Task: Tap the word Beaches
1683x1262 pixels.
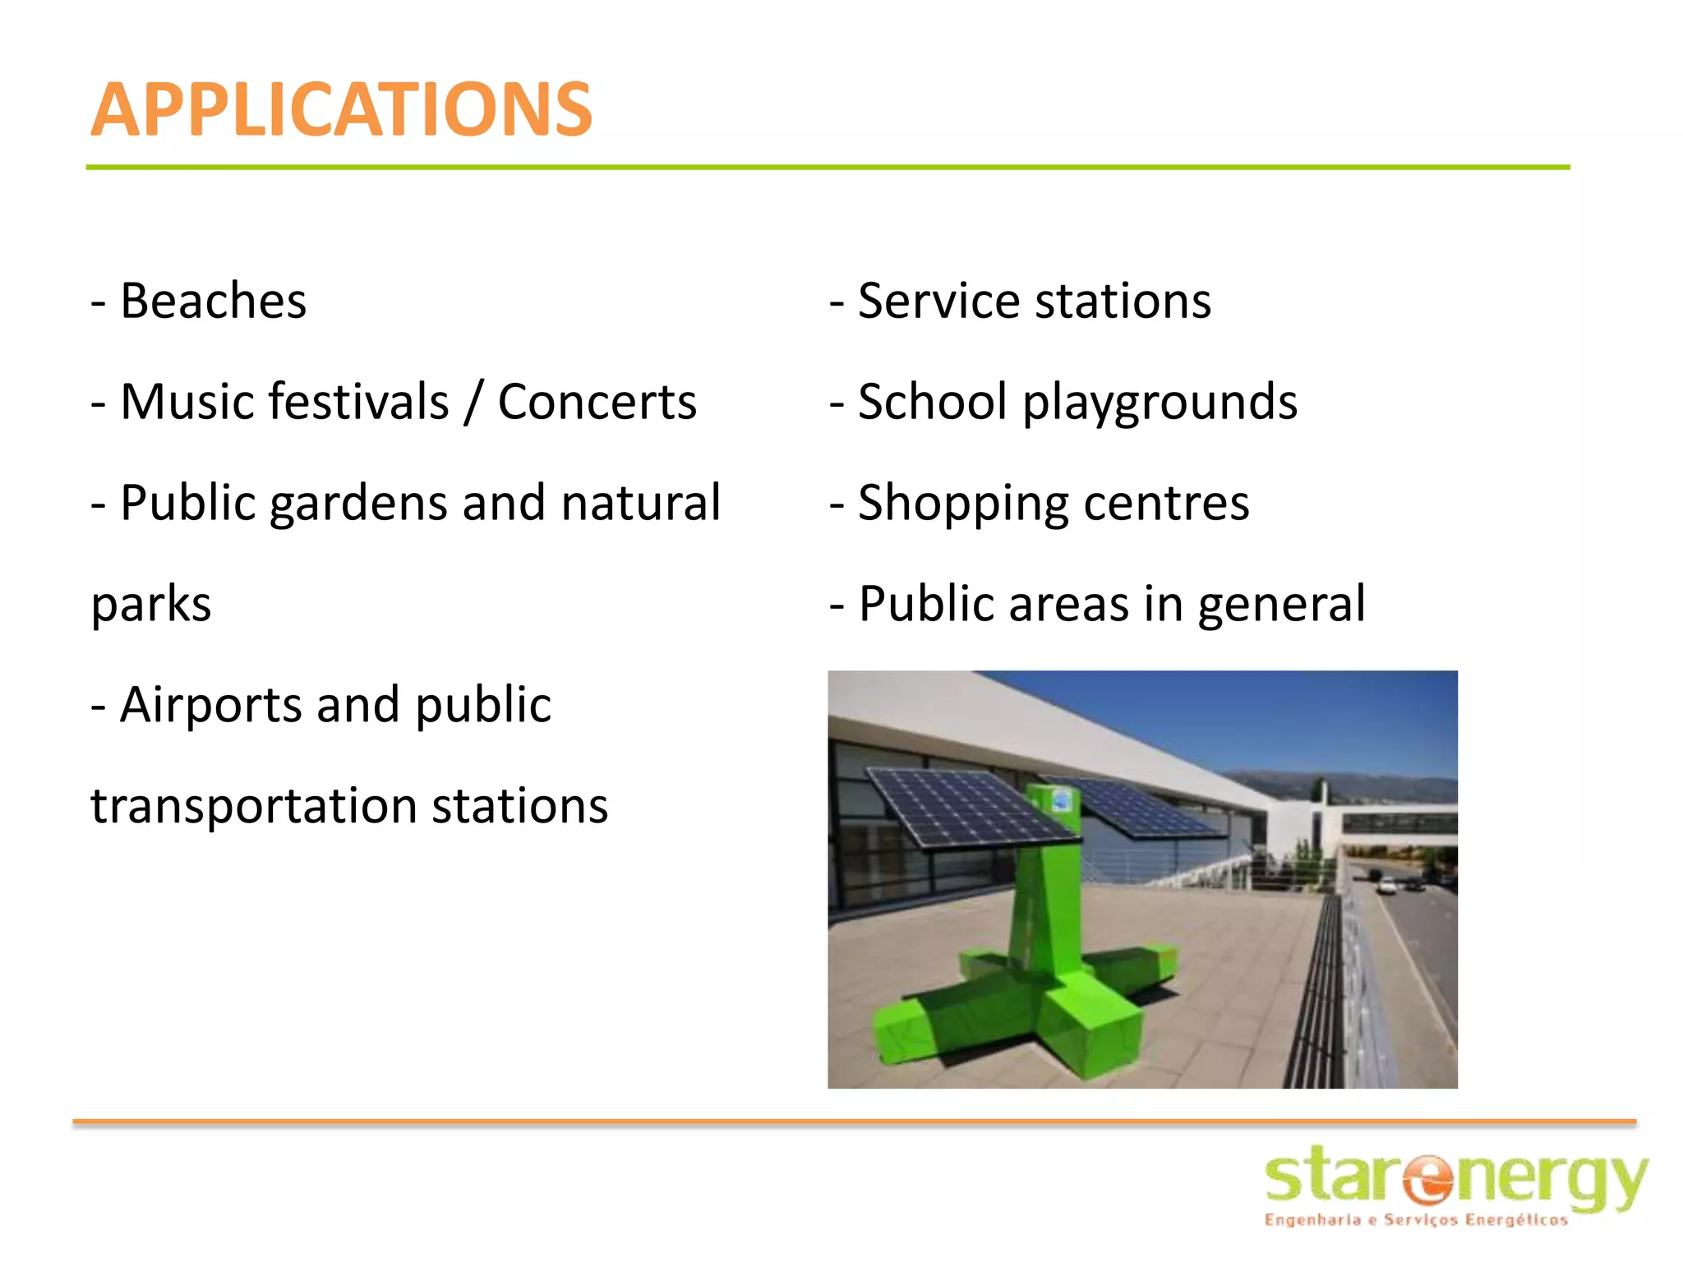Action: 213,301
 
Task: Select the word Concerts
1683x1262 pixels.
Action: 597,402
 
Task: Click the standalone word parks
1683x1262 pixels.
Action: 151,605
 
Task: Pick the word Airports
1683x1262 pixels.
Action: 211,706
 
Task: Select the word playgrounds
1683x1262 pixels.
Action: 1160,403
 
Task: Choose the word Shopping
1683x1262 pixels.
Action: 962,504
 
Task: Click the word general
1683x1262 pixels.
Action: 1281,605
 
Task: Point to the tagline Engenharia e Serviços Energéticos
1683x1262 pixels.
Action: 1415,1220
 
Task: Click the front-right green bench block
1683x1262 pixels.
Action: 1093,1031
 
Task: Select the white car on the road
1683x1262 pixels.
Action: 1386,887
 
